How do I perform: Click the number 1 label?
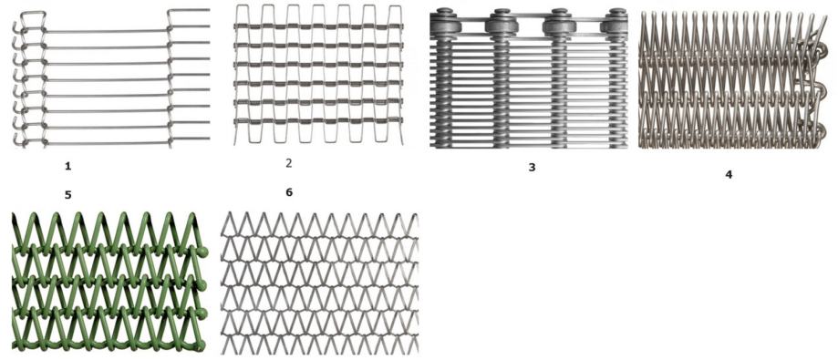pos(67,167)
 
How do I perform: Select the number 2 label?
pos(288,163)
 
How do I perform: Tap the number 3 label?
pos(532,167)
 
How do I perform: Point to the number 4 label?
pos(729,174)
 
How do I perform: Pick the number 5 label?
pos(67,195)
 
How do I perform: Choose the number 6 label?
pos(289,192)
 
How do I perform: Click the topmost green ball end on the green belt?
pos(202,252)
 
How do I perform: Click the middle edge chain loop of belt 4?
pos(819,89)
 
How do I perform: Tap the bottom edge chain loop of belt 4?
pos(819,130)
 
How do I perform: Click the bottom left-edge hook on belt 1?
pos(19,140)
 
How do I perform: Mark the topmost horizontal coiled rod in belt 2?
pos(318,26)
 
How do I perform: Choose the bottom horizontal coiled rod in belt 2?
pos(318,120)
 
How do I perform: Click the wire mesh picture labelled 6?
pos(319,283)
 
